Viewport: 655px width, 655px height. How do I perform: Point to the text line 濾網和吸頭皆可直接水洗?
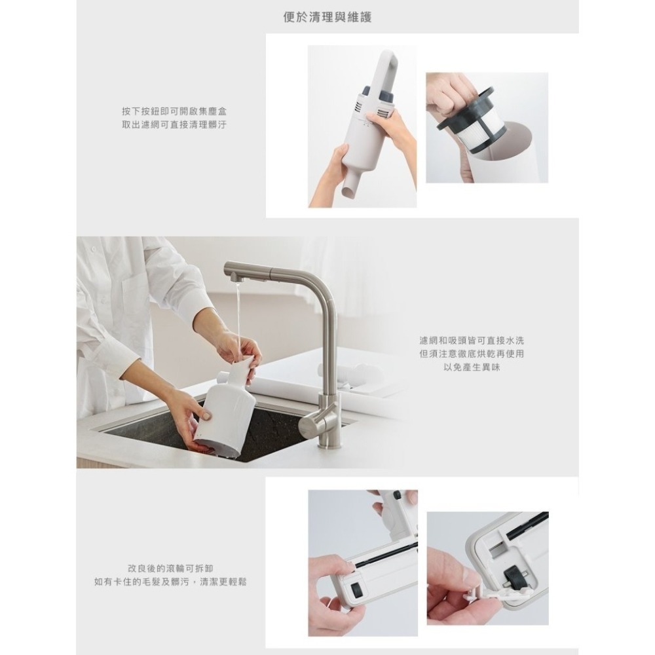point(472,341)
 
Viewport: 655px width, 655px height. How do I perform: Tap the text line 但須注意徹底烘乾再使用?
point(472,354)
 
